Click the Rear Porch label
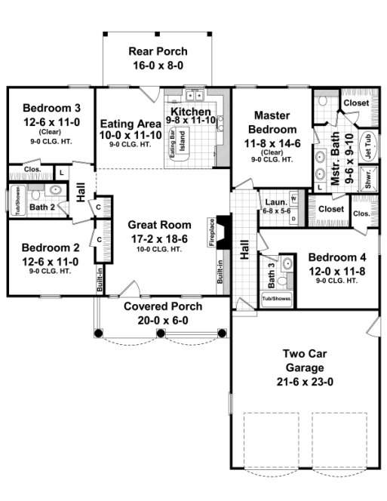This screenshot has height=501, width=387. [158, 51]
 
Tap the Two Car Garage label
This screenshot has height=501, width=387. [307, 361]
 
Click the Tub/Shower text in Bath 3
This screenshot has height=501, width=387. [276, 299]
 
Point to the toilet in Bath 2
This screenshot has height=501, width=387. [55, 191]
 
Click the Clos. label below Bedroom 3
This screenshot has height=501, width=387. [32, 171]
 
